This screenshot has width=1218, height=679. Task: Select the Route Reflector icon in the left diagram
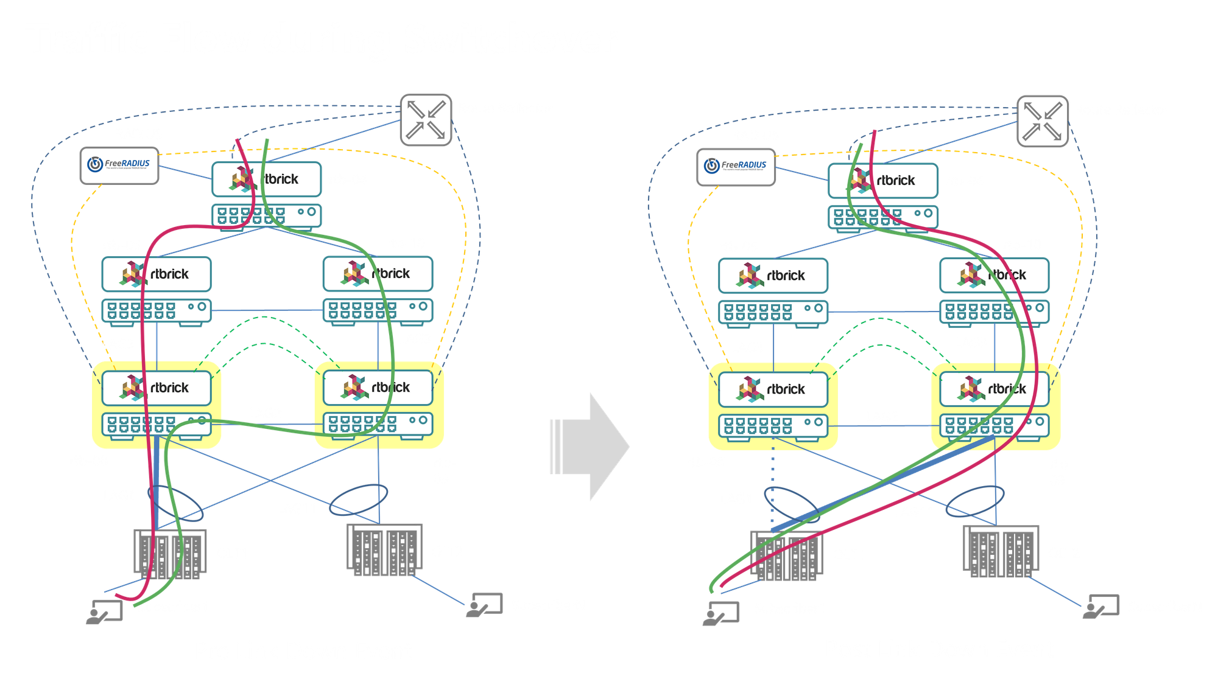pos(426,119)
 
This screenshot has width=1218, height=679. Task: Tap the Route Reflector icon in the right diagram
pos(1043,121)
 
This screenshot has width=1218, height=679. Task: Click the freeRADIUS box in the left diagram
pos(119,165)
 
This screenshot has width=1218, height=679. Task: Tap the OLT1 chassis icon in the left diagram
pos(170,554)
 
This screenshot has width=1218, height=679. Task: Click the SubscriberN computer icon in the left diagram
pos(484,605)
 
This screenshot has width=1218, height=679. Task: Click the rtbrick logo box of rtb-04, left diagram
pos(266,179)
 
